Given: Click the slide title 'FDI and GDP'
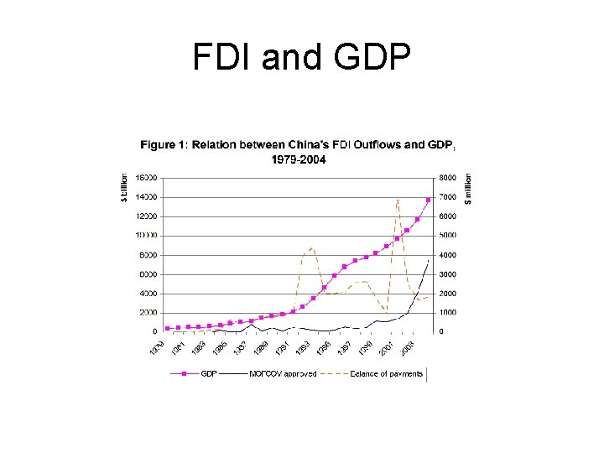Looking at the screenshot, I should tap(301, 58).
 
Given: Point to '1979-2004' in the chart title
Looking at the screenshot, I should tap(297, 159).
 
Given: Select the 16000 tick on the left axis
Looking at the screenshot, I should tap(148, 178).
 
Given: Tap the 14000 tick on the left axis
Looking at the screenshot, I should tap(148, 197).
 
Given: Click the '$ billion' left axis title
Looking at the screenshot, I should tap(125, 187).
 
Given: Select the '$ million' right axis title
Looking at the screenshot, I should tap(468, 187).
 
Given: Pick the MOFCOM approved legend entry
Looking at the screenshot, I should tap(282, 373).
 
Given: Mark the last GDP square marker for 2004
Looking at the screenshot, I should tap(428, 200).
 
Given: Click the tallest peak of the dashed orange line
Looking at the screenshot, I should tap(397, 199).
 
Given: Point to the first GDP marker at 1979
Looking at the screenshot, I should tap(168, 328).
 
